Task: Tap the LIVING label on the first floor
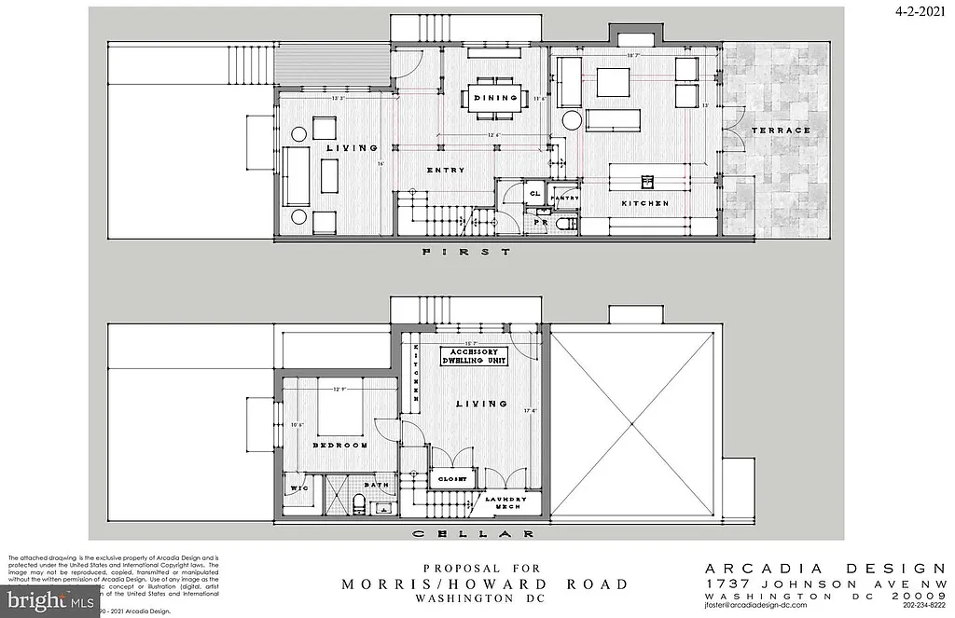[352, 148]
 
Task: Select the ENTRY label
[446, 170]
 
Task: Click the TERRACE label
[781, 130]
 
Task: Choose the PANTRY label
[565, 199]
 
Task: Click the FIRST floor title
[465, 253]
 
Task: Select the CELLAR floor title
[473, 534]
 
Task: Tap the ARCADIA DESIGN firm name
[825, 568]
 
